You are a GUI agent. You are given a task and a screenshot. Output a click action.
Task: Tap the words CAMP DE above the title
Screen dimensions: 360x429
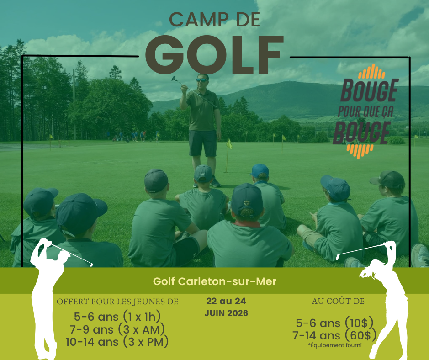click(214, 20)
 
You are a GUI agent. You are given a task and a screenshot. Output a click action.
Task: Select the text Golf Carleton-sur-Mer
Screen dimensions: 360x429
click(215, 281)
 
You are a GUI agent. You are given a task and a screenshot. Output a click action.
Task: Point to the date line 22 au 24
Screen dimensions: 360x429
click(226, 302)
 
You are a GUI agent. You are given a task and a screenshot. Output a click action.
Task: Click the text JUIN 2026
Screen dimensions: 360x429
click(226, 313)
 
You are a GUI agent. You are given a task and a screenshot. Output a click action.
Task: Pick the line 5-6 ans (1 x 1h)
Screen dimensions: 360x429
click(117, 317)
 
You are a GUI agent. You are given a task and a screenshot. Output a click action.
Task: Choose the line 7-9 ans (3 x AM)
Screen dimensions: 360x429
click(117, 329)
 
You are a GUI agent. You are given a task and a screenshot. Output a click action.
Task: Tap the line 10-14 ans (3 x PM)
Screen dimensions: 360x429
click(117, 341)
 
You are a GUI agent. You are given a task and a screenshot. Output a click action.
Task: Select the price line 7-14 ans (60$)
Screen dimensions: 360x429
click(335, 336)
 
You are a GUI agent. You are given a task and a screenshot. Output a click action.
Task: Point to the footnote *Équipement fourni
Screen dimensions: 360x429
click(335, 345)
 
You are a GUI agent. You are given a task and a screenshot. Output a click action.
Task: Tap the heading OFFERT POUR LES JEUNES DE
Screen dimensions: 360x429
click(117, 302)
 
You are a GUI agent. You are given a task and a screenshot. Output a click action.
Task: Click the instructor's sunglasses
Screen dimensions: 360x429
click(201, 80)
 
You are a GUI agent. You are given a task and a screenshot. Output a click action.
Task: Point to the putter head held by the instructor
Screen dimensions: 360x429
click(174, 78)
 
